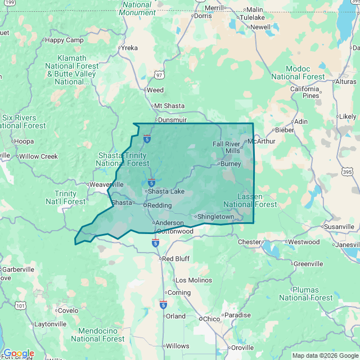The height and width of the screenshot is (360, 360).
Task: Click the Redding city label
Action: click(x=159, y=205)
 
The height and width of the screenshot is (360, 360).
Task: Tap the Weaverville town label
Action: click(x=106, y=184)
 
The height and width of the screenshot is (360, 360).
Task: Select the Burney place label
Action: click(x=231, y=164)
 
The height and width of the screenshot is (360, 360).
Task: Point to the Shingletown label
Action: click(x=216, y=217)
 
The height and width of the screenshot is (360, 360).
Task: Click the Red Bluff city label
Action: click(x=177, y=259)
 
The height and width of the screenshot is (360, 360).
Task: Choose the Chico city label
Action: click(x=211, y=319)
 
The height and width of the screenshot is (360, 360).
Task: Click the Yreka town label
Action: click(x=129, y=48)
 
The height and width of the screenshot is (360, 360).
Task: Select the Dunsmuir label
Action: click(x=172, y=120)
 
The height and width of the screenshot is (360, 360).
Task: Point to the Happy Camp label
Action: click(x=64, y=40)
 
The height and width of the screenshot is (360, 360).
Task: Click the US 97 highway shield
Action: click(x=160, y=75)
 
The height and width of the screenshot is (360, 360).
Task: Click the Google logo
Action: click(x=18, y=354)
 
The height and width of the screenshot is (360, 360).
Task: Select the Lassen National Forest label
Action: click(x=250, y=200)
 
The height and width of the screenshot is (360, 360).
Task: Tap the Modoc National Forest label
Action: click(x=298, y=73)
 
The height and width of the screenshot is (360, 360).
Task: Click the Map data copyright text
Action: click(x=325, y=355)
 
